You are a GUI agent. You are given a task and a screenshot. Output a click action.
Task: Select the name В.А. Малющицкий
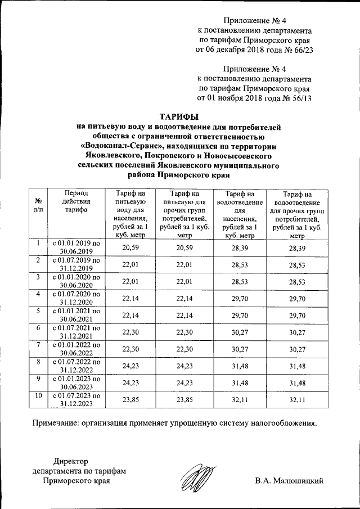(289, 481)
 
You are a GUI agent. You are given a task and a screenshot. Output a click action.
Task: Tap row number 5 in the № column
(38, 312)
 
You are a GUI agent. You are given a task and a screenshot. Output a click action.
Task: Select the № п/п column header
(38, 204)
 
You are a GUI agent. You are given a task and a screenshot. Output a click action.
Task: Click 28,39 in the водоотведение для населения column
(239, 248)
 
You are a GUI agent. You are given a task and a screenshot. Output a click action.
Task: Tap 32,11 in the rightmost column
(297, 401)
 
